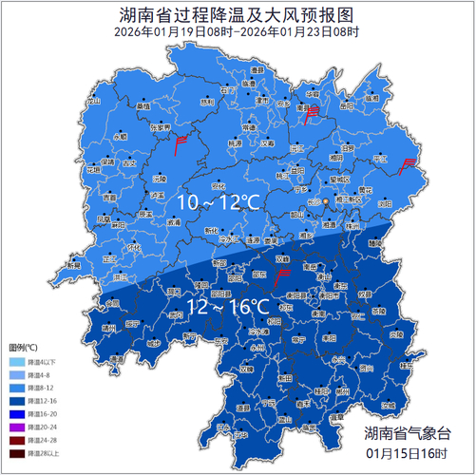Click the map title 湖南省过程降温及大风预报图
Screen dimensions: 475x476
point(238,15)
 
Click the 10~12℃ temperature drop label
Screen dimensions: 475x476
point(219,203)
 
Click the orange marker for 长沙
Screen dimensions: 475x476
point(326,202)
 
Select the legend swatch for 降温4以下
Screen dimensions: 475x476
point(16,362)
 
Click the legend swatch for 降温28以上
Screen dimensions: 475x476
point(16,455)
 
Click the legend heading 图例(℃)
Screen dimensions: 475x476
point(23,349)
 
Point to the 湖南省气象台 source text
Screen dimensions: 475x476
point(409,433)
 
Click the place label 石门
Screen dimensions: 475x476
point(226,91)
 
